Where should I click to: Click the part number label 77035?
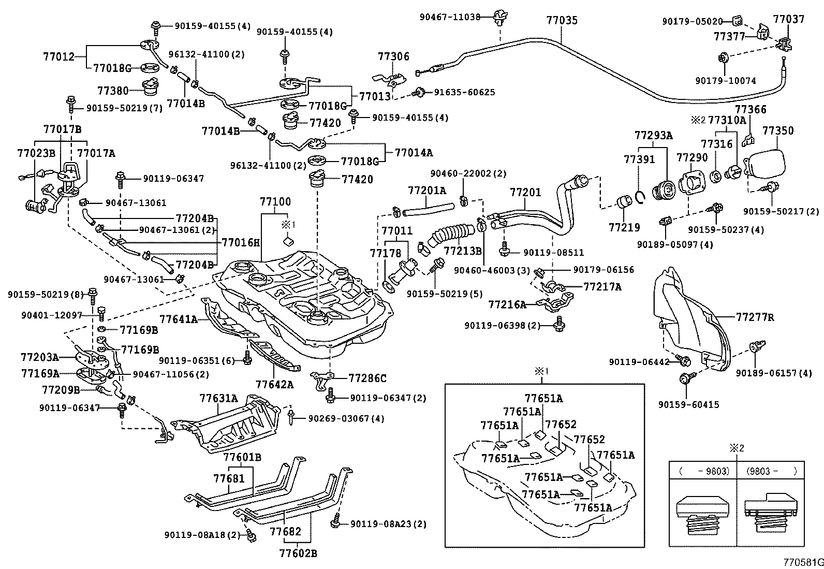pyautogui.click(x=562, y=21)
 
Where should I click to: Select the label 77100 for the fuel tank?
pyautogui.click(x=275, y=202)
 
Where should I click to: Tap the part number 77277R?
pyautogui.click(x=755, y=317)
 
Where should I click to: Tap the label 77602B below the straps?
pyautogui.click(x=298, y=553)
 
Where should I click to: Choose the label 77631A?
pyautogui.click(x=218, y=398)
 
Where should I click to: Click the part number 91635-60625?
pyautogui.click(x=464, y=92)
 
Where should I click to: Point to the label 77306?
pyautogui.click(x=393, y=57)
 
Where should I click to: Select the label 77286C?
pyautogui.click(x=367, y=378)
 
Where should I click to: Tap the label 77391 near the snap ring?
pyautogui.click(x=639, y=159)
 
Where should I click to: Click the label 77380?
pyautogui.click(x=113, y=90)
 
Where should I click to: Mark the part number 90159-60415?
pyautogui.click(x=688, y=405)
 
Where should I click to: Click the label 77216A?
pyautogui.click(x=507, y=305)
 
